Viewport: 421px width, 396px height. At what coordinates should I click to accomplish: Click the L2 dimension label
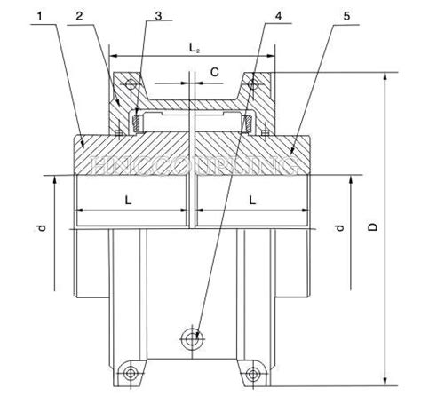point(194,44)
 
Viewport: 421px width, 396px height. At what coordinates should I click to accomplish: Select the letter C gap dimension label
point(214,69)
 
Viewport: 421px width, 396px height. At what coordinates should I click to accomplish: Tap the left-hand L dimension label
point(130,202)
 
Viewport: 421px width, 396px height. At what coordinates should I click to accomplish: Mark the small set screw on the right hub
point(265,133)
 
